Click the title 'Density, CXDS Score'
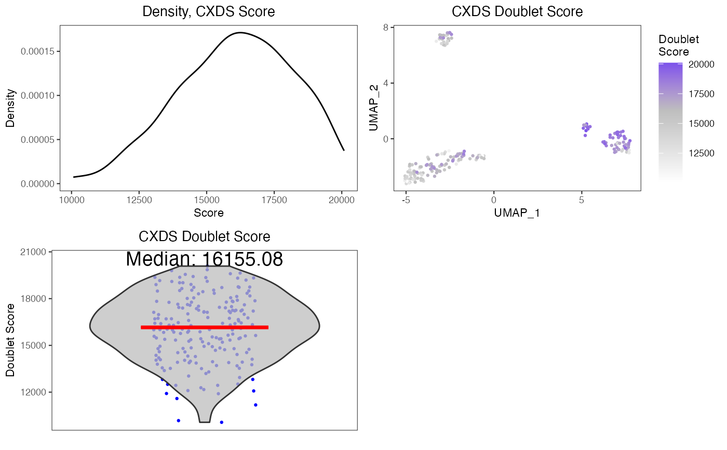pyautogui.click(x=209, y=11)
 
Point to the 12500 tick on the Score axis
pyautogui.click(x=139, y=199)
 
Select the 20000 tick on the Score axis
pyautogui.click(x=342, y=199)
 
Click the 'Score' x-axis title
pyautogui.click(x=209, y=213)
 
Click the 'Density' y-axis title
pyautogui.click(x=10, y=108)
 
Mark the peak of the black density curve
pyautogui.click(x=240, y=33)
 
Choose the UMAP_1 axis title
pyautogui.click(x=517, y=213)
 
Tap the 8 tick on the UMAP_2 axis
pyautogui.click(x=385, y=28)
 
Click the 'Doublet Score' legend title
pyautogui.click(x=678, y=46)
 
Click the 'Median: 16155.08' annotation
pyautogui.click(x=205, y=259)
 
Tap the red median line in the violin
pyautogui.click(x=205, y=327)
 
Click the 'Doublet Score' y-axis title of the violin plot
pyautogui.click(x=10, y=340)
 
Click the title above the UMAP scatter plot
pyautogui.click(x=517, y=11)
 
